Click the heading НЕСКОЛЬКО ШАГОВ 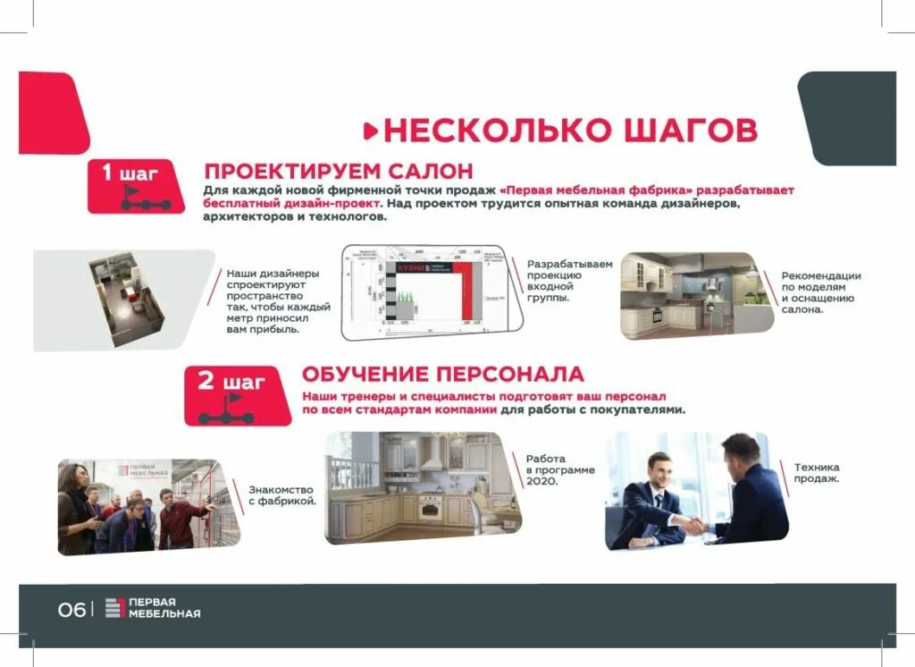point(570,131)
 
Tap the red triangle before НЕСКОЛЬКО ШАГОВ point(370,131)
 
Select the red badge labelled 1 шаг point(136,186)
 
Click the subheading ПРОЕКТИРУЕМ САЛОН point(339,171)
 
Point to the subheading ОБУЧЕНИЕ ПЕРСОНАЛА point(442,374)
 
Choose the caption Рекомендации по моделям point(820,292)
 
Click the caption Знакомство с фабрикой point(282,495)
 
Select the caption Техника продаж point(816,473)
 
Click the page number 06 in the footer point(71,610)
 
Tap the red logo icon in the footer point(114,608)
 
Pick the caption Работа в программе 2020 point(558,470)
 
